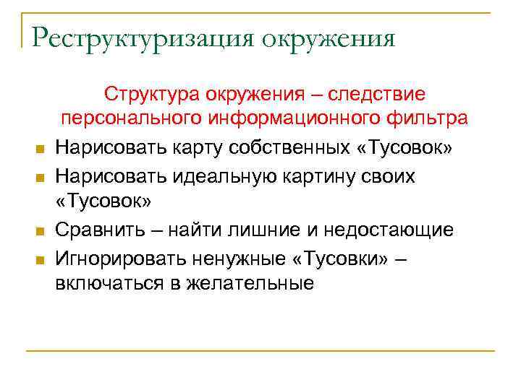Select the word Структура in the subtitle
pos(152,95)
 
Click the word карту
pos(193,148)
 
